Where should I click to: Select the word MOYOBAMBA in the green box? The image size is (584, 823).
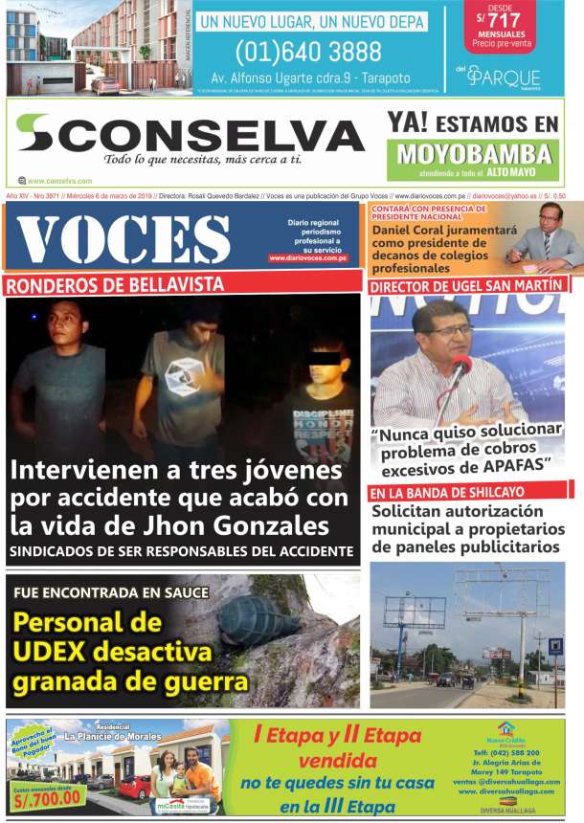coord(475,154)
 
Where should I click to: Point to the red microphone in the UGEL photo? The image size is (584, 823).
coord(460,367)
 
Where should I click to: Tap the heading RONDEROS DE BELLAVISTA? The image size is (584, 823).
coord(115,284)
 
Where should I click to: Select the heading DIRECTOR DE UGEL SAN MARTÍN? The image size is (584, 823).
coord(465,286)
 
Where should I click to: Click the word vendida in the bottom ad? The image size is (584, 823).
coord(337,762)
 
